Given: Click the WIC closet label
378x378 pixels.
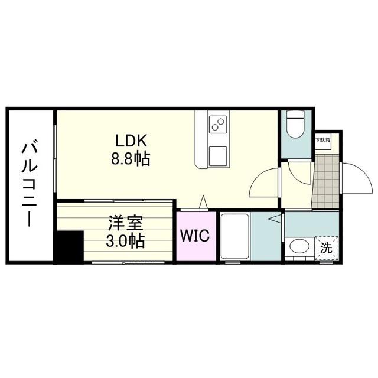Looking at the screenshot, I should tap(195, 236).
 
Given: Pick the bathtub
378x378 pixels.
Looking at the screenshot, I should tap(234, 236).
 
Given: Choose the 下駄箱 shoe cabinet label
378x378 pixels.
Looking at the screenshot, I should tap(322, 140).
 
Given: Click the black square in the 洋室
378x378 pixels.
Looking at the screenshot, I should tap(69, 246).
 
